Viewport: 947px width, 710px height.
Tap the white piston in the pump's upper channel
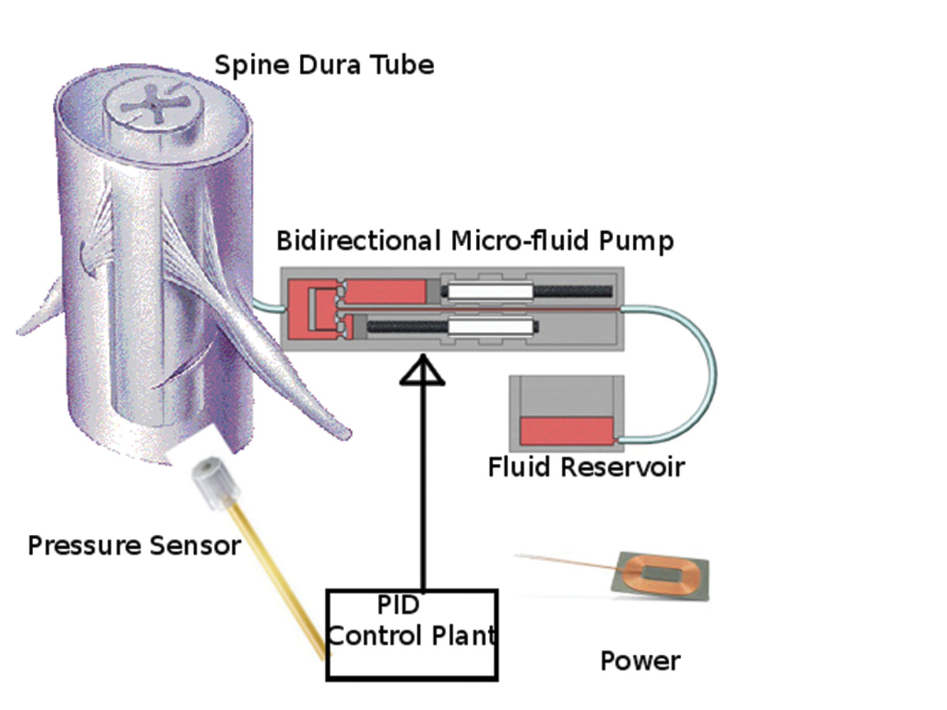pos(488,290)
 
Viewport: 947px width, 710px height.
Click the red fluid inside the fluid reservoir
pos(567,430)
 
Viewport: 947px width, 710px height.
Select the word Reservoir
pos(623,467)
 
